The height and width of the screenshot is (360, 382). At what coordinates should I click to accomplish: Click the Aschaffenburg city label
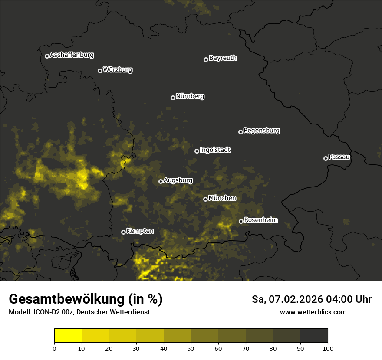point(72,55)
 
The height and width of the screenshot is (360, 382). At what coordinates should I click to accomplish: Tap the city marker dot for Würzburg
point(100,71)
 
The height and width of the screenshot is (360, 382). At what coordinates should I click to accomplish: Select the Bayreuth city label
point(223,58)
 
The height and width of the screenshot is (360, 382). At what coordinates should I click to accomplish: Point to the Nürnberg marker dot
point(173,98)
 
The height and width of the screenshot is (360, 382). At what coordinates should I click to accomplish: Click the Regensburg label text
point(261,131)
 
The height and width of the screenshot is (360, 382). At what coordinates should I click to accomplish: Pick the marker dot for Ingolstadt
point(197,151)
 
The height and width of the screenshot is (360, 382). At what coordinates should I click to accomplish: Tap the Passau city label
point(339,157)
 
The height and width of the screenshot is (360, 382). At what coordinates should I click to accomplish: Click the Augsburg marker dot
point(161,181)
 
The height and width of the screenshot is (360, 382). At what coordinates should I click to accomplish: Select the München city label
point(222,198)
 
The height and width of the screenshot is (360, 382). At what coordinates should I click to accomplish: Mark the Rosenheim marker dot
point(241,221)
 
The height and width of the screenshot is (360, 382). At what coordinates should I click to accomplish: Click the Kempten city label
point(140,231)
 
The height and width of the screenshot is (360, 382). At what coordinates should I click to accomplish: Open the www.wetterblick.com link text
point(313,312)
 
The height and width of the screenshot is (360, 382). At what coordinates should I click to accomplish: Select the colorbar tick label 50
point(191,348)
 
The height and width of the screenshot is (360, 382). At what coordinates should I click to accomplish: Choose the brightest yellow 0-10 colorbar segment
point(68,336)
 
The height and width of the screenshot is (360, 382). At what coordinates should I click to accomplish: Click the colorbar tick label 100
point(328,348)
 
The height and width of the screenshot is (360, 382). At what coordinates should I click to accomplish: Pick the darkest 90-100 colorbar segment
point(314,336)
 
